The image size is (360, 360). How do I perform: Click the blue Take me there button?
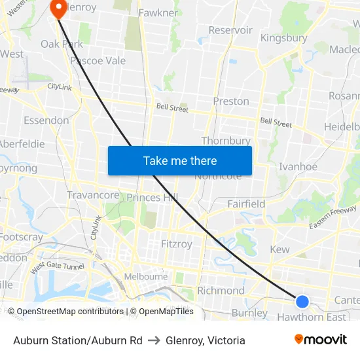pos(180,160)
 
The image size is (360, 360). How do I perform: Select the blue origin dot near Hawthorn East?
pos(302,301)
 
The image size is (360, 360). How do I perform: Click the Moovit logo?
pos(320,340)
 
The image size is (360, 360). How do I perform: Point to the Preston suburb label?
pos(231,101)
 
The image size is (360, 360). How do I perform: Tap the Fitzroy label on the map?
pos(177,243)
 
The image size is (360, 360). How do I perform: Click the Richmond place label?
pos(221,291)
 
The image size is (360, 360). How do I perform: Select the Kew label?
pos(279,249)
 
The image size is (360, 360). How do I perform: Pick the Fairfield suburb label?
pos(246,204)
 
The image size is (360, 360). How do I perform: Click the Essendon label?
pos(46,120)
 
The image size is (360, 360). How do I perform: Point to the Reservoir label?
pos(230,30)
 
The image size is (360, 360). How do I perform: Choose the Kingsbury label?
pos(283,38)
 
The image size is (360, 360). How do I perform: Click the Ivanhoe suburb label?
pos(298,167)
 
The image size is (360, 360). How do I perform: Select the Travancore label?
pos(93,195)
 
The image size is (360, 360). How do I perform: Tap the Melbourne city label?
pos(145,277)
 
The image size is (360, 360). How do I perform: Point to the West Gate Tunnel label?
pos(57,266)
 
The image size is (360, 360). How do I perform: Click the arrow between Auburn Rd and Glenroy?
pos(154,340)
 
